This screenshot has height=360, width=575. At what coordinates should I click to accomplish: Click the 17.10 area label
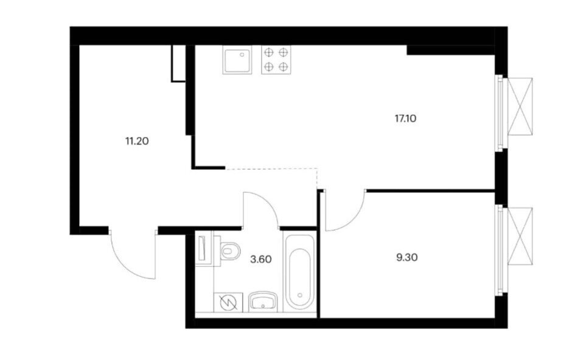406,119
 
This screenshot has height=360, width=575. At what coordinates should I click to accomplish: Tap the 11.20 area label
137,140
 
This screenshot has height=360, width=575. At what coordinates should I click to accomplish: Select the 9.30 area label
407,257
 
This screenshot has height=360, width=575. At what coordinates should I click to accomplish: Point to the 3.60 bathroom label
261,259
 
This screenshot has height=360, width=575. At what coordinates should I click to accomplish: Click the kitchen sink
238,60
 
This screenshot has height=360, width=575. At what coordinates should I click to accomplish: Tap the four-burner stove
276,60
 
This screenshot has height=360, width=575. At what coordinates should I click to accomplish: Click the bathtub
299,272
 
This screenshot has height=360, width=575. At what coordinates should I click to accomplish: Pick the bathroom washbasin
263,302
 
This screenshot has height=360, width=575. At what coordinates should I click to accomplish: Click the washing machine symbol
228,302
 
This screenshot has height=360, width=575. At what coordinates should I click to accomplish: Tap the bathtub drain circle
300,295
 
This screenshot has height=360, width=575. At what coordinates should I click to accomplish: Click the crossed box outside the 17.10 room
520,106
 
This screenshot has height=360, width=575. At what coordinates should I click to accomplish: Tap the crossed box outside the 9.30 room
520,236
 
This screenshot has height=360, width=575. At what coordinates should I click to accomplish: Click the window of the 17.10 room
499,112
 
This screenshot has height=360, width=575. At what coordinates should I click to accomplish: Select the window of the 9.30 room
499,250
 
